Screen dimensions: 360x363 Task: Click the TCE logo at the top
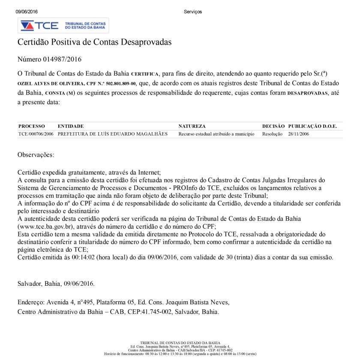(63, 25)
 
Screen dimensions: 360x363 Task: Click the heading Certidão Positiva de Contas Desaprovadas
(94, 42)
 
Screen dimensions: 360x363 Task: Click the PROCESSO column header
(32, 126)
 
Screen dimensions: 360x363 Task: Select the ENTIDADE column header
(71, 126)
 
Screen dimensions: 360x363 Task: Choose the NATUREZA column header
(192, 126)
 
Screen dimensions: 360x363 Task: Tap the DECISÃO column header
(273, 126)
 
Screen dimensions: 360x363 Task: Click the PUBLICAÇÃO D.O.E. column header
(313, 126)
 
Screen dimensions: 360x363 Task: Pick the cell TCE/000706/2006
(36, 134)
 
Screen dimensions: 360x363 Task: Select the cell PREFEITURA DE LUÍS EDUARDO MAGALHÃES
(113, 134)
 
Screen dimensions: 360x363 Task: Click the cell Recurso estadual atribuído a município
(216, 134)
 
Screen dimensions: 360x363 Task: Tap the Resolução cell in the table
(272, 134)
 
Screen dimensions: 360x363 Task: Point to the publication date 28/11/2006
(299, 134)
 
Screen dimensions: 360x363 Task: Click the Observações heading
(36, 154)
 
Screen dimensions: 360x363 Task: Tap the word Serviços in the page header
(192, 12)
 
